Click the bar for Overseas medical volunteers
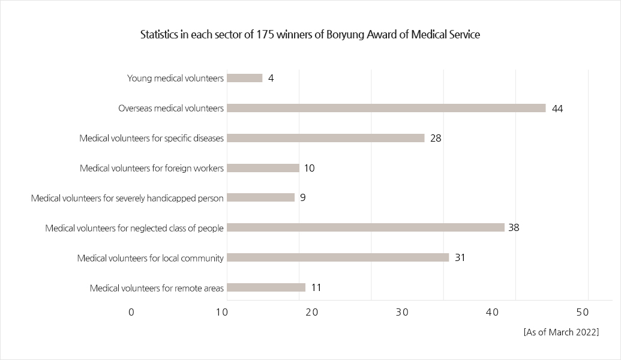386,108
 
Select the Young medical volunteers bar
245,78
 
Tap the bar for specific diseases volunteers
326,138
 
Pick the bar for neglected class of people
365,227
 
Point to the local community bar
338,257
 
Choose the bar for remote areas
266,287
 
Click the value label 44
557,109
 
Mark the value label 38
514,227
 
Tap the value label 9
303,197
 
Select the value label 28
436,138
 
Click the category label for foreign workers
152,168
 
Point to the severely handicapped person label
127,198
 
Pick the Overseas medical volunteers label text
171,109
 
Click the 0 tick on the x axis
131,313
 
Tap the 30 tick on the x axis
402,313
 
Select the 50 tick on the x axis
583,313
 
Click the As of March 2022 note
561,332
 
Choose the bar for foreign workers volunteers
263,168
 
